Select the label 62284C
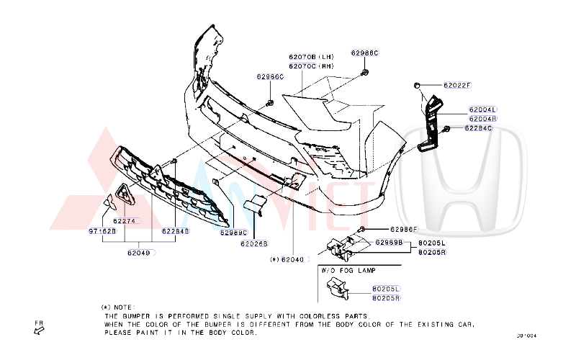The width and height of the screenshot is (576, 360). pos(478,128)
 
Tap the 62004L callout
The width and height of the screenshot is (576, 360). pos(482,109)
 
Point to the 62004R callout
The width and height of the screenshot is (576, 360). pos(482,119)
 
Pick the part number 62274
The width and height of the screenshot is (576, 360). pos(124,221)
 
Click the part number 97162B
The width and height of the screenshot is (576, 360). pos(102,231)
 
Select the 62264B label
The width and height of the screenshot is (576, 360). pos(176,231)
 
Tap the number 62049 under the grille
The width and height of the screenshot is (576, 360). pos(139,252)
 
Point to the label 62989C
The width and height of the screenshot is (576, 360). pos(233,233)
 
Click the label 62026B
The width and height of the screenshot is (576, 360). pos(254,243)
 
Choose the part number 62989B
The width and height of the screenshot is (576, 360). pos(388,242)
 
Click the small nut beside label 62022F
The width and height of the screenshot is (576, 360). pos(417,86)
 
